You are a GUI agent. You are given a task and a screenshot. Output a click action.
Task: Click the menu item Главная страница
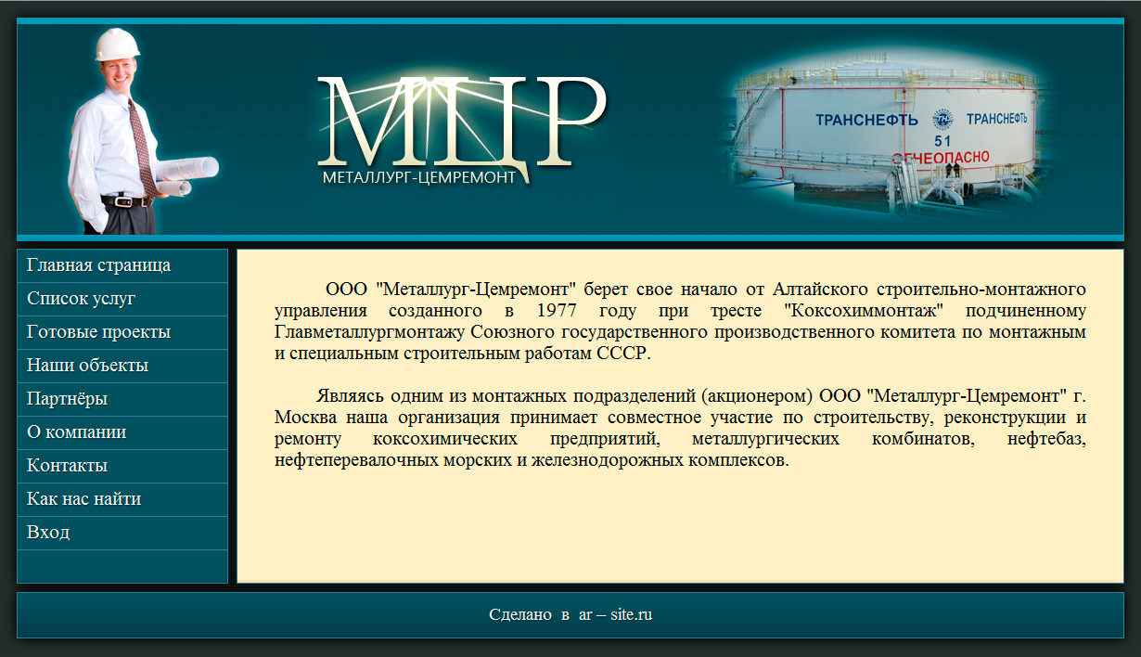(x=99, y=265)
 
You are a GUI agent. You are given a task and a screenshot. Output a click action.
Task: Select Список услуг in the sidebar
(x=81, y=299)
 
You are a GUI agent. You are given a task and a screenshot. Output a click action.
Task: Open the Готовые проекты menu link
(x=99, y=332)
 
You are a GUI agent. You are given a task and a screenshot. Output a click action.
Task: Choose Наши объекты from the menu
(x=87, y=366)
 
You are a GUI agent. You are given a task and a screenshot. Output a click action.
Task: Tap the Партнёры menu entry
(x=67, y=399)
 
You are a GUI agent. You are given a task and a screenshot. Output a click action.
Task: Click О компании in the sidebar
(x=76, y=432)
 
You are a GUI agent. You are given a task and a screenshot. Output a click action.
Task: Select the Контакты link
(x=67, y=465)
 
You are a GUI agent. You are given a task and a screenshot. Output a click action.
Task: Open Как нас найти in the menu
(x=84, y=499)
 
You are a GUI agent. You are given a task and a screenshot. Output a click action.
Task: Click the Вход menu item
(x=48, y=532)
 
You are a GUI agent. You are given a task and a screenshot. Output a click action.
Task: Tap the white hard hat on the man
(x=117, y=45)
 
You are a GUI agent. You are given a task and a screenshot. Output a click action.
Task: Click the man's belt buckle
(x=123, y=202)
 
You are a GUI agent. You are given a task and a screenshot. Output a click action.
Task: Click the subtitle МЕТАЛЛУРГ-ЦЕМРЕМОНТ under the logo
(x=419, y=177)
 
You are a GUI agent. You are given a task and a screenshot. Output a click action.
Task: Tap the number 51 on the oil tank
(x=942, y=141)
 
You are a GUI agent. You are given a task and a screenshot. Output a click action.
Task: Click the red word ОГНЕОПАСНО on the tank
(x=941, y=158)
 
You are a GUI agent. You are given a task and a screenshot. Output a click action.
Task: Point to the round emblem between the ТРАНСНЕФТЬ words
(x=942, y=120)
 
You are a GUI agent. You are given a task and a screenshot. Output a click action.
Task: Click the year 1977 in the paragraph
(x=557, y=311)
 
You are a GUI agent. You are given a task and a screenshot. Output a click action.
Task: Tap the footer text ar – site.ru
(x=615, y=614)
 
